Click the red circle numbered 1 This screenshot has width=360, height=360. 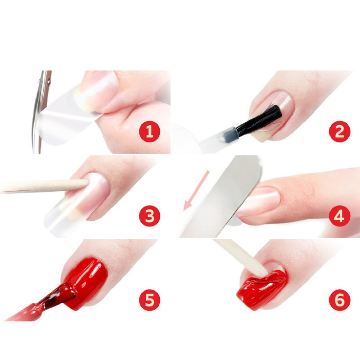coord(149,131)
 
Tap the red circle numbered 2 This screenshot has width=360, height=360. coord(340,131)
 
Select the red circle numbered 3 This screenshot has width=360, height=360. coord(149,216)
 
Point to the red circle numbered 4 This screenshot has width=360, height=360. coord(340,216)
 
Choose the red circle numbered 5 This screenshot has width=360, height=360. coord(149,300)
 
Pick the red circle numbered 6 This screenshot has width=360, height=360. coord(340,300)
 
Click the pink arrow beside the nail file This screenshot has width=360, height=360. coord(196,190)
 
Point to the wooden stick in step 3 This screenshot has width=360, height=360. coord(45,185)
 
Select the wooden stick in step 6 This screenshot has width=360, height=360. coord(242,257)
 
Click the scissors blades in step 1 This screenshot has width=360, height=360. coord(41,112)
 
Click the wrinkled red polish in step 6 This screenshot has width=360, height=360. coord(262,287)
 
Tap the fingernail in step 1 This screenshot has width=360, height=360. coord(96,92)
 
